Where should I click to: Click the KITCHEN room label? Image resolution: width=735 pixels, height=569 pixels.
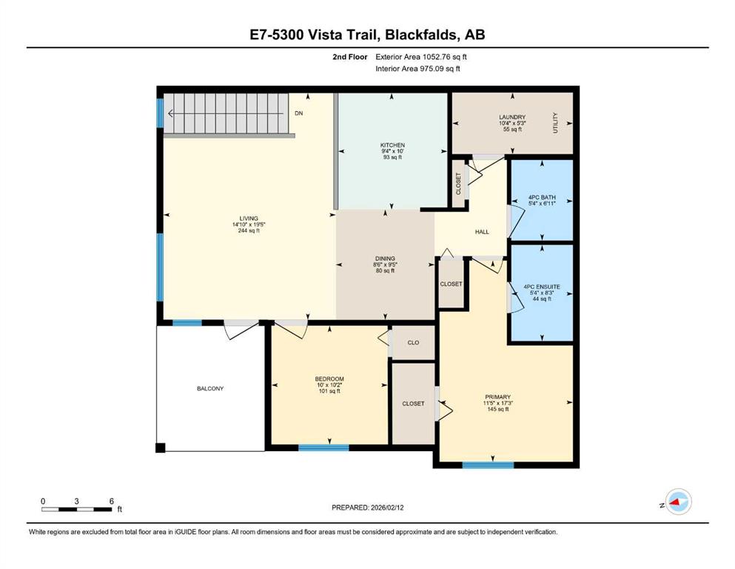click(x=392, y=145)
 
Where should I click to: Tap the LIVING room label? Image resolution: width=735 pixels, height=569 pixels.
click(x=249, y=219)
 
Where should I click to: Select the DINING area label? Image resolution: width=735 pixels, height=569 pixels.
click(x=385, y=259)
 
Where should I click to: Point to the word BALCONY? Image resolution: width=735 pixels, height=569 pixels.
click(x=210, y=388)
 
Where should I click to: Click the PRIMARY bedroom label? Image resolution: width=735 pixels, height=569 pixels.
click(x=498, y=397)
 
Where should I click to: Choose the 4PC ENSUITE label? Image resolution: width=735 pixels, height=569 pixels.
click(x=542, y=287)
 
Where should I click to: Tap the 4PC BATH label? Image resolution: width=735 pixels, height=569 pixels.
click(x=542, y=198)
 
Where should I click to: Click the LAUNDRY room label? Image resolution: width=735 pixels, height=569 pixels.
click(x=512, y=117)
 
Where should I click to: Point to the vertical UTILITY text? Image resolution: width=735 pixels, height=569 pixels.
click(x=555, y=123)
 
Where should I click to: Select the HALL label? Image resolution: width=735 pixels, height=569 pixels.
click(x=482, y=232)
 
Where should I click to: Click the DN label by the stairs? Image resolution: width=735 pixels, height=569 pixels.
click(x=298, y=113)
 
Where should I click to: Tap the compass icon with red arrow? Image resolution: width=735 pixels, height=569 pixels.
click(x=678, y=502)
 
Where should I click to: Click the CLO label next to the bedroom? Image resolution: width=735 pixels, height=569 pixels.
click(x=414, y=343)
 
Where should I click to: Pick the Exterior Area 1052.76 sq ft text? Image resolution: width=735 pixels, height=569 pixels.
click(x=421, y=57)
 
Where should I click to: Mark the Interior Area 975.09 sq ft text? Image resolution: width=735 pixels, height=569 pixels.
click(x=417, y=68)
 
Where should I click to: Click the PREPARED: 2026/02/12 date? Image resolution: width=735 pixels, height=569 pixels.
click(x=367, y=508)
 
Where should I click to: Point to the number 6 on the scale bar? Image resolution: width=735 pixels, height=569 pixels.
click(x=112, y=501)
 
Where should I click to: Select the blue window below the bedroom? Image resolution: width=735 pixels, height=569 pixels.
click(x=324, y=448)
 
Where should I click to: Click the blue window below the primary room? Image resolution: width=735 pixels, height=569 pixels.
click(x=488, y=465)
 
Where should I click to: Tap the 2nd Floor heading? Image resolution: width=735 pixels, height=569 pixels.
click(x=350, y=57)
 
